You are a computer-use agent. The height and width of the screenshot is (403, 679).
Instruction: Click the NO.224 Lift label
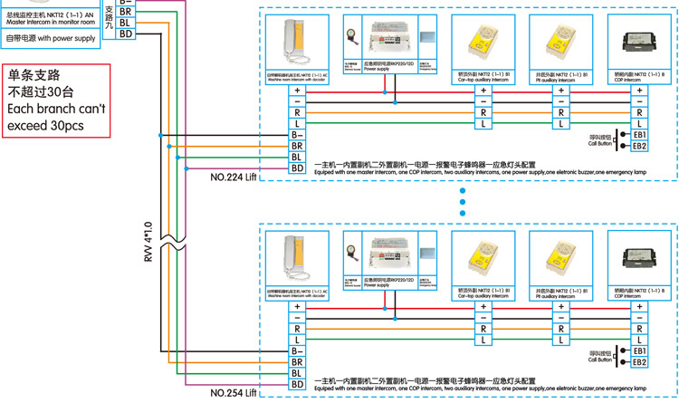coord(234,178)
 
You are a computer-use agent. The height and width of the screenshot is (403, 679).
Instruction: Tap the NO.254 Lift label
coord(234,394)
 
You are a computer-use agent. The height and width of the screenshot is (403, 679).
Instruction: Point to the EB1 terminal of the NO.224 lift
coord(639,134)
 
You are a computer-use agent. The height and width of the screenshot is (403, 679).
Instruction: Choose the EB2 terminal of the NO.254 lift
coord(639,362)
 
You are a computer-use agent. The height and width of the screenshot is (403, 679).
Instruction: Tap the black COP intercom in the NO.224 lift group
coord(638,41)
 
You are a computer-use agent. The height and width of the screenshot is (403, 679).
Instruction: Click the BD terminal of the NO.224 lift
coord(297,168)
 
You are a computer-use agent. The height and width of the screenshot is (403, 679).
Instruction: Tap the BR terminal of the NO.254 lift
coord(297,361)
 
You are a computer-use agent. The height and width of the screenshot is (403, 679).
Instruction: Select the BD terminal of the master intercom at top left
coord(126,34)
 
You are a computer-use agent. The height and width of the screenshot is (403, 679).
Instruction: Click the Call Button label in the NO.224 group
coord(600,143)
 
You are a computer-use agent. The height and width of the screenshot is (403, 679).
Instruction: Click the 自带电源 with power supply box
coord(51,39)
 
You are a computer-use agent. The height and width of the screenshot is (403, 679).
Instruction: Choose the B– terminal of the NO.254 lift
coord(297,350)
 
